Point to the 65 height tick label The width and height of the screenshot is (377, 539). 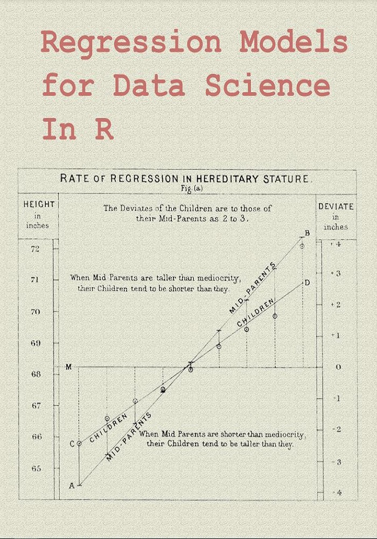coord(36,468)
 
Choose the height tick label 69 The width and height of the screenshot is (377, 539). coord(36,343)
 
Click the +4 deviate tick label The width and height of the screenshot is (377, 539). coord(336,244)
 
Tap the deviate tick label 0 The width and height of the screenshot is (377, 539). coord(338,367)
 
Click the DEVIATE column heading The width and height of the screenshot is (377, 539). coord(336,206)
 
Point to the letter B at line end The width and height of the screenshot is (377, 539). coord(307,233)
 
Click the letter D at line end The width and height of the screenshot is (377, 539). coord(307,282)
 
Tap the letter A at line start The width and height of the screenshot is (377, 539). coord(72,485)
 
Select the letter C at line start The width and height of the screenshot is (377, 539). coord(72,444)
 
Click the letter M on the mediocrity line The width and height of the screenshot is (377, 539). coord(68,367)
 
